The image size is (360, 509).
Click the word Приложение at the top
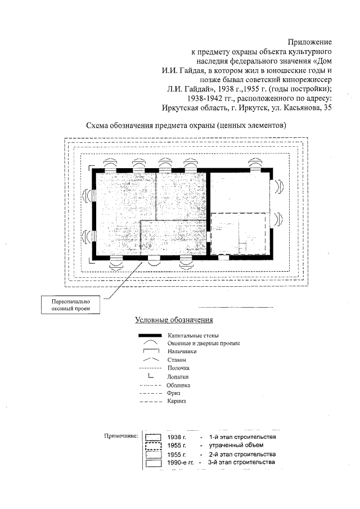tap(310, 42)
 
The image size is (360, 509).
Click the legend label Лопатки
tap(178, 377)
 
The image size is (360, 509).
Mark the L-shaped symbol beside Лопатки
tap(151, 376)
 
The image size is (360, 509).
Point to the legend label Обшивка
tap(178, 385)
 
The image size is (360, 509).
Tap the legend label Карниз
tap(176, 402)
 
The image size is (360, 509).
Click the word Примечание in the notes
tap(120, 436)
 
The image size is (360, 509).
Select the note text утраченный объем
tap(233, 445)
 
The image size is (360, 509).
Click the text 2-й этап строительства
tap(242, 454)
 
